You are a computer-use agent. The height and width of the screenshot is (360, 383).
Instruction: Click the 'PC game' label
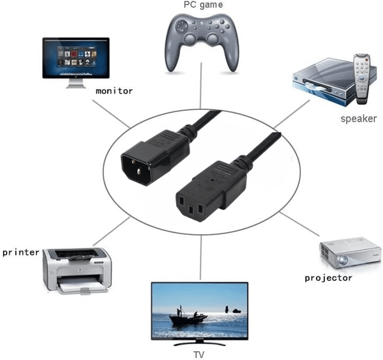[x=203, y=5]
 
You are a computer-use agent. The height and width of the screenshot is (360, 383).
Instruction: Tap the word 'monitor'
[x=114, y=91]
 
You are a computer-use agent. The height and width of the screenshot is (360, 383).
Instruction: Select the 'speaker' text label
[x=359, y=119]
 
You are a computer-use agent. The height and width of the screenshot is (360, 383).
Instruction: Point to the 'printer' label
[x=21, y=253]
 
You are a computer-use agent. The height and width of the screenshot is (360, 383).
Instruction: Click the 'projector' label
[x=329, y=278]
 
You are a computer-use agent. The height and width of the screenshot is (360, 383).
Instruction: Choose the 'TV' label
[x=199, y=355]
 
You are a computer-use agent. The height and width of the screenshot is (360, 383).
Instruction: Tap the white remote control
[x=362, y=79]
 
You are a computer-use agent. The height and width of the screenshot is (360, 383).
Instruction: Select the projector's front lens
[x=343, y=260]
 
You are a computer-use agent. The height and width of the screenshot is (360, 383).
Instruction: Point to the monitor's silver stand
[x=76, y=84]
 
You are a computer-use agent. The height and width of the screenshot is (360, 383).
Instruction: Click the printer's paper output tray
[x=82, y=288]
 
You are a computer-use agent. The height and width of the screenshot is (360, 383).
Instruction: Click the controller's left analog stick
[x=190, y=38]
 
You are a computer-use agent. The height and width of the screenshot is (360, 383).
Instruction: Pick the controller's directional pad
[x=182, y=26]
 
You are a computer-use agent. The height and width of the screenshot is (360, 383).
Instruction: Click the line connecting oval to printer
[x=111, y=231]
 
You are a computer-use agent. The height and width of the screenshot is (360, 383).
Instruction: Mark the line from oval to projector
[x=299, y=224]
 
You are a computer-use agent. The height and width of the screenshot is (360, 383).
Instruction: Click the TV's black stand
[x=199, y=344]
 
